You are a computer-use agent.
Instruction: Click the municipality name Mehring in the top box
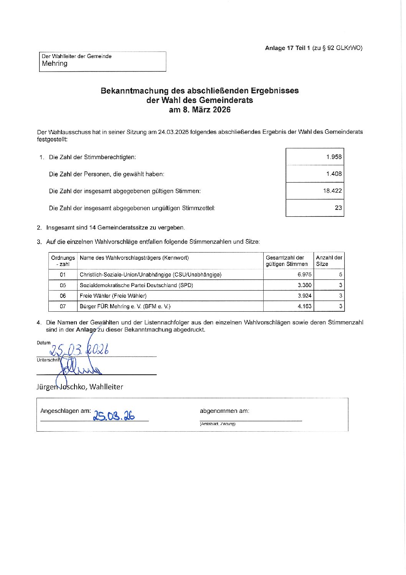54,64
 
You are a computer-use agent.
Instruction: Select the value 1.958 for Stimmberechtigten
333,157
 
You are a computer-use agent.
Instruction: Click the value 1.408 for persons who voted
333,174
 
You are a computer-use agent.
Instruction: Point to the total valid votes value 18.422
332,191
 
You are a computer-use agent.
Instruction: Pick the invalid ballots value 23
338,208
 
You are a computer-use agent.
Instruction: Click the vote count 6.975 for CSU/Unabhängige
304,274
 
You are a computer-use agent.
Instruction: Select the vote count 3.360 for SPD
304,285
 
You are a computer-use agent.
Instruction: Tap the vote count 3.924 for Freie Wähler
304,296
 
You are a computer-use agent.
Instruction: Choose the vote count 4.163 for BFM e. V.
304,306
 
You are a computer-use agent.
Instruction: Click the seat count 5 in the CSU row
340,274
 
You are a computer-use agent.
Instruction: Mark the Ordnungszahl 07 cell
63,306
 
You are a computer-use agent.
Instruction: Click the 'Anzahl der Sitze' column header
329,261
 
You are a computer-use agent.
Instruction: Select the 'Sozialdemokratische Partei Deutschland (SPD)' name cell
136,285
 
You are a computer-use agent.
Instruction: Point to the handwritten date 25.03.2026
79,349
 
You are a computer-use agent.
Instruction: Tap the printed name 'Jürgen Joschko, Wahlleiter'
80,387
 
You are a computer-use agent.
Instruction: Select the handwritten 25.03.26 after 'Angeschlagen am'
114,415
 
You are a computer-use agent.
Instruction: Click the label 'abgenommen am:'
224,411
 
